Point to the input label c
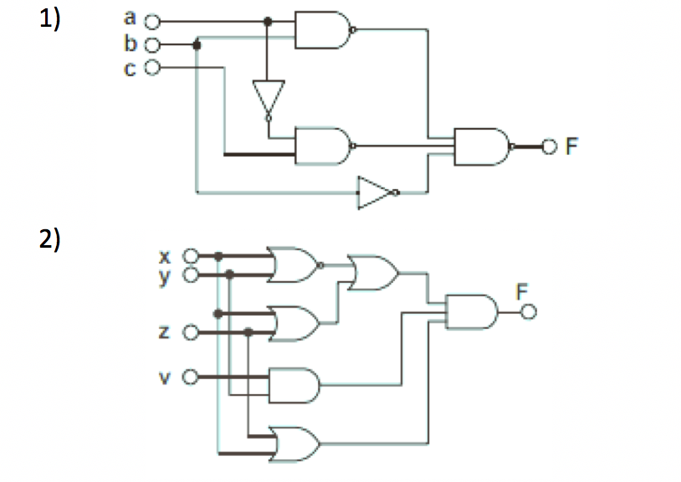tap(130, 69)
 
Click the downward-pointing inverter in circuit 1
tap(269, 98)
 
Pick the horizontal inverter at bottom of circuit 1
tap(374, 192)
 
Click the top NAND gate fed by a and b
tap(324, 30)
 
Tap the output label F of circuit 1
tap(572, 147)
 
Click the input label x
tap(166, 255)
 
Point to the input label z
tap(166, 333)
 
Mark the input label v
tap(166, 378)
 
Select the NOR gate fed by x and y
tap(291, 264)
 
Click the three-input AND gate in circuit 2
tap(473, 311)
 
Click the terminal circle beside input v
tap(190, 378)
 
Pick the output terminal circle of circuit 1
tap(549, 147)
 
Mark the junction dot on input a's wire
tap(268, 21)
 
